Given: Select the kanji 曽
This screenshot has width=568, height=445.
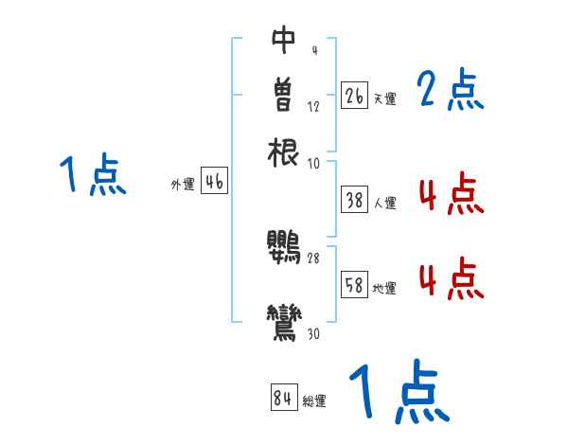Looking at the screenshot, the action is [x=284, y=95].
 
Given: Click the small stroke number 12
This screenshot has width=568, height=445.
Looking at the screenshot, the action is [x=314, y=106].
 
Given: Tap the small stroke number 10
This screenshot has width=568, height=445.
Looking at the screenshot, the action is [x=314, y=163].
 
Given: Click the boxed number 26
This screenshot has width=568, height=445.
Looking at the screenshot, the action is [x=354, y=96].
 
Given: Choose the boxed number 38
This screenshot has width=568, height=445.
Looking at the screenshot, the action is [x=354, y=200].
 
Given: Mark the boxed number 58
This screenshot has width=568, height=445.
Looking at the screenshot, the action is [x=354, y=285].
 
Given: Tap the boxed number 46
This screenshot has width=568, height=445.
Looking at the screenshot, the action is [x=214, y=183].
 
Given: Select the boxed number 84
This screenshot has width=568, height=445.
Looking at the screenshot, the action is [x=283, y=399].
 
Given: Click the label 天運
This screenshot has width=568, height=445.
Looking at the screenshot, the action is [x=383, y=98].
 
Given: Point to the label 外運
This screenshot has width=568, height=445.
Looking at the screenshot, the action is [x=183, y=185].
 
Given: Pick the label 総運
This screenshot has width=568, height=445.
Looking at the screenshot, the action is [x=314, y=401].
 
